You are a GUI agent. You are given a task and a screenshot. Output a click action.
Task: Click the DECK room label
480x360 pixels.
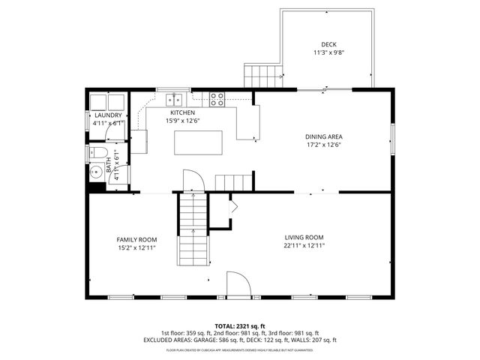coord(328,45)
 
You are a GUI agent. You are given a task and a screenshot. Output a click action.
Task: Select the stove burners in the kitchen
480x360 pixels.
coord(217,97)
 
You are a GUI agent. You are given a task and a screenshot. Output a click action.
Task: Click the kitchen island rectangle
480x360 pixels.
coord(199,142)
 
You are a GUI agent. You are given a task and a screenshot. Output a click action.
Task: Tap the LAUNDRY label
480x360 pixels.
coord(108,115)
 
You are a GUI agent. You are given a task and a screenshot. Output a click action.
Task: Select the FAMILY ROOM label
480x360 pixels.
coord(136,239)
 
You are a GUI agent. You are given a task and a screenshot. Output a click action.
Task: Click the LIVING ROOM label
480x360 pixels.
coord(304,237)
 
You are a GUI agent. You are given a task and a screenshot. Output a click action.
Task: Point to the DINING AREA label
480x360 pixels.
coord(324,136)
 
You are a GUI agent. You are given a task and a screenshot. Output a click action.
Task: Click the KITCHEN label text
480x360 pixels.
coord(182,112)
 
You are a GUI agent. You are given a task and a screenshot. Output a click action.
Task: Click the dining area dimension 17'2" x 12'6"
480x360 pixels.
coord(324,145)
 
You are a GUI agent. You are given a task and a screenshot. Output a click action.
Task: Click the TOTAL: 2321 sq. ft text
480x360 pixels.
coord(240,326)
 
